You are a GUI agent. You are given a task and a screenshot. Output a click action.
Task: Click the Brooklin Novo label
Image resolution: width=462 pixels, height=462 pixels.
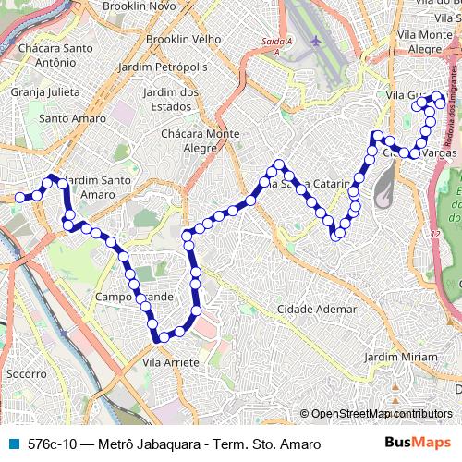pos(140,6)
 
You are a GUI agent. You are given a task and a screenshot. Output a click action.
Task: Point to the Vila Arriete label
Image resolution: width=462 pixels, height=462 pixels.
pos(171,363)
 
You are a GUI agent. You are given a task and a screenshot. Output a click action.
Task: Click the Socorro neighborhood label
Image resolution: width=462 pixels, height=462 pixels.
pos(26,374)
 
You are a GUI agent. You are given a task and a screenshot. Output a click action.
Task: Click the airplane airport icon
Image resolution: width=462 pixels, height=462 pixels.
pos(317,42)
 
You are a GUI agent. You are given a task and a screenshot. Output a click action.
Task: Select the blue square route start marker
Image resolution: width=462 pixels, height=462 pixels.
pos(19,197)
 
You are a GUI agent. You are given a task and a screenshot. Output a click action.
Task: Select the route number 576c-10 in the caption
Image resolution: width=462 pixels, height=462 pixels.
pos(55,444)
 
